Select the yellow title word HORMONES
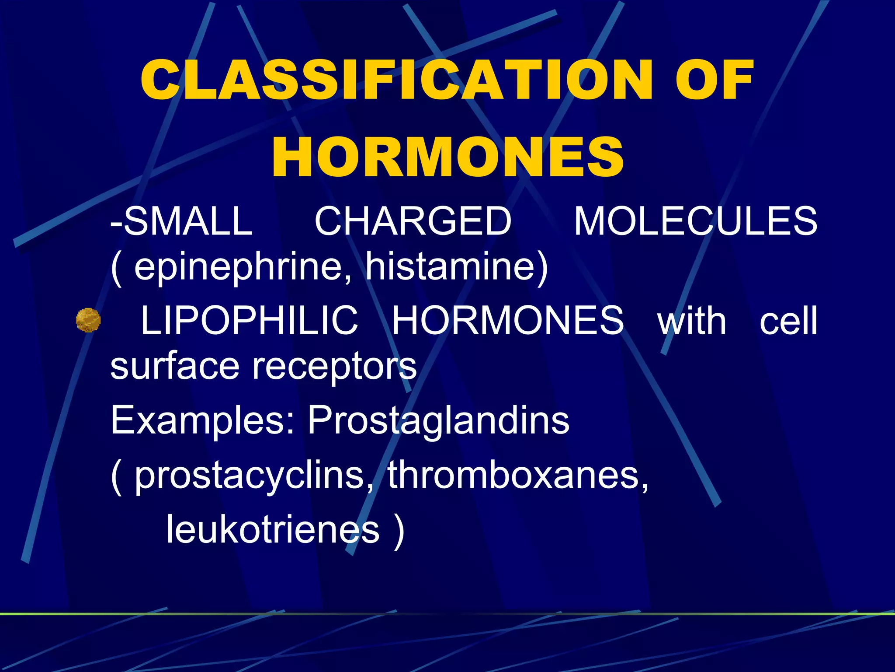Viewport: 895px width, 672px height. pyautogui.click(x=447, y=157)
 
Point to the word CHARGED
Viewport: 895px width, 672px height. pyautogui.click(x=413, y=221)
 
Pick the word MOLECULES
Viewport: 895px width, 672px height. pyautogui.click(x=695, y=221)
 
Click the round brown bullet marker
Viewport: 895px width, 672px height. pyautogui.click(x=88, y=320)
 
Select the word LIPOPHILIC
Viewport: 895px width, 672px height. pyautogui.click(x=249, y=321)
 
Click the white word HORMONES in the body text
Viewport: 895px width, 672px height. pyautogui.click(x=508, y=321)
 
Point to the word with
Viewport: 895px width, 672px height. pyautogui.click(x=692, y=321)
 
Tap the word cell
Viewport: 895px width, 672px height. pyautogui.click(x=788, y=321)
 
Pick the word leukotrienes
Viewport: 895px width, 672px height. pyautogui.click(x=273, y=529)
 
